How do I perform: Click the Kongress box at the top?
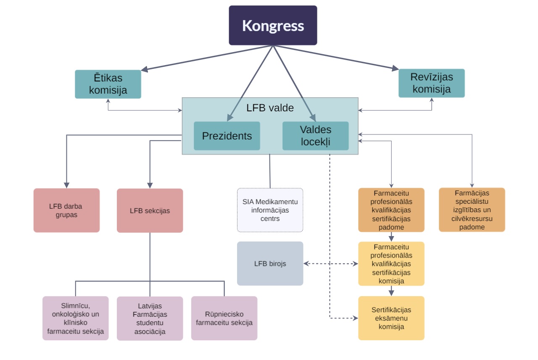point(273,25)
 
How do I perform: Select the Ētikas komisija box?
point(108,84)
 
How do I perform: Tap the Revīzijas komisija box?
point(432,83)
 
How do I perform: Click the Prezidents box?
point(227,136)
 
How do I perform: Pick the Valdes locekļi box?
point(316,136)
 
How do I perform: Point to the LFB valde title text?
point(270,108)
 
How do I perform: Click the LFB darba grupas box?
point(66,210)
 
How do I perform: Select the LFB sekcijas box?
point(150,210)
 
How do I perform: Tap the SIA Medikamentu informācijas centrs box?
point(270,210)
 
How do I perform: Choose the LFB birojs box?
point(270,263)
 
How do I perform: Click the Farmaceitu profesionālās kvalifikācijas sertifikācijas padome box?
point(391,210)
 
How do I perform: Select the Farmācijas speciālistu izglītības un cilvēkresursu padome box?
point(472,210)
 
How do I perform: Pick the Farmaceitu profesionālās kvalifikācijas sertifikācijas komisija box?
point(391,264)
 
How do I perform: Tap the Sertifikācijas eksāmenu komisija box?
point(391,318)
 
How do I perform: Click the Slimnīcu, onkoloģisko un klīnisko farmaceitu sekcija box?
point(76,318)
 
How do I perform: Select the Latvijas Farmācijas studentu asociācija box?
point(150,318)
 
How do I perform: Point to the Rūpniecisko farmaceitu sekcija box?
point(224,318)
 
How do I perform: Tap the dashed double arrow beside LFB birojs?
point(330,264)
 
